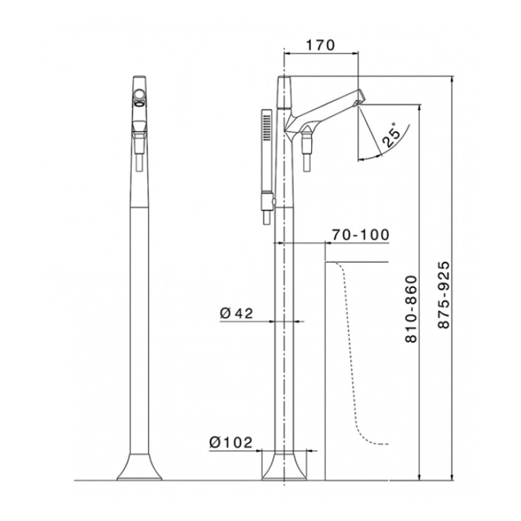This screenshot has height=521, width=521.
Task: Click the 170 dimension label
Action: pos(320,46)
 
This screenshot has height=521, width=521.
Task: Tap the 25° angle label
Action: pos(391,134)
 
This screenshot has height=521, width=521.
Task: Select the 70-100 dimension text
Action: pos(361,234)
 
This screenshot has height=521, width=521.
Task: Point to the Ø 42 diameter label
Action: pos(236,312)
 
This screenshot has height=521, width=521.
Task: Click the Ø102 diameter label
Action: pos(231,442)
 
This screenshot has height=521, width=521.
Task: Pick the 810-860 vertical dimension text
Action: pos(412,309)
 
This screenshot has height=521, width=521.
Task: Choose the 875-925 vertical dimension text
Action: pos(444,295)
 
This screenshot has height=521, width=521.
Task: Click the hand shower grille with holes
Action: pos(266,126)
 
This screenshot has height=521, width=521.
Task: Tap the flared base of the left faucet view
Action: pos(139,467)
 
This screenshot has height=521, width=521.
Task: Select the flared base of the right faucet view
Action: pos(284,467)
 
